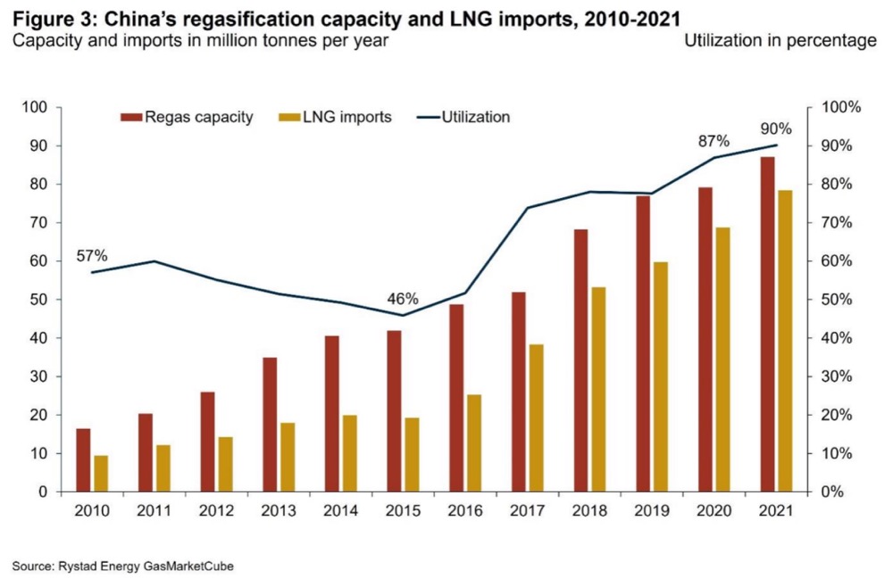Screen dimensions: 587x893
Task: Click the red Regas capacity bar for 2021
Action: (767, 324)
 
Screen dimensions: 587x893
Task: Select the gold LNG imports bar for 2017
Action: (536, 418)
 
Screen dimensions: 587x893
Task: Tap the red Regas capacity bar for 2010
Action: (83, 459)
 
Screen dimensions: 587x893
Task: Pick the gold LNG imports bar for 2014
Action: (349, 453)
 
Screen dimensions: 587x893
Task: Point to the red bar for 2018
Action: (580, 360)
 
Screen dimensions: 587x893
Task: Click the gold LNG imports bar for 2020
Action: (722, 360)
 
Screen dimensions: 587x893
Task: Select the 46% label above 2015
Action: (401, 299)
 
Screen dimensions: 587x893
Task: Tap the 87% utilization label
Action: (714, 142)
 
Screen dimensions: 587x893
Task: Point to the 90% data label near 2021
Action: (776, 128)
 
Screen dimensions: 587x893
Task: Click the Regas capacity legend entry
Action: (188, 117)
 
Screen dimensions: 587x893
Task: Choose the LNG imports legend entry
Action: (336, 117)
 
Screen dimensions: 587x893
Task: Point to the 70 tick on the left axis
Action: (39, 223)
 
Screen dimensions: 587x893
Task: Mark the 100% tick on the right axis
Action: (840, 108)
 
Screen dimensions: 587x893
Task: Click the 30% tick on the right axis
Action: (837, 376)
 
